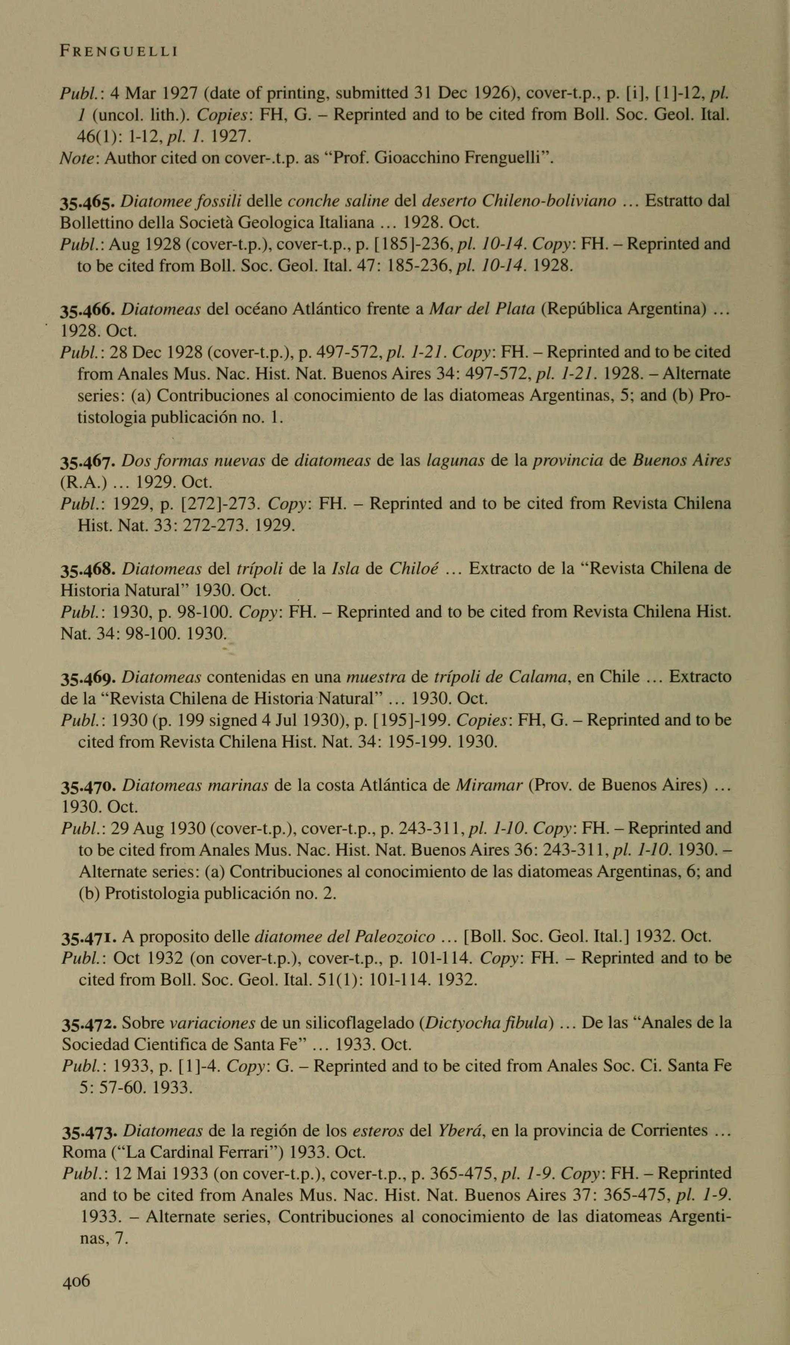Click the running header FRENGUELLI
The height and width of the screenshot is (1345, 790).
tap(119, 52)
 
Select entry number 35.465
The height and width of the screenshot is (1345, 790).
tap(89, 202)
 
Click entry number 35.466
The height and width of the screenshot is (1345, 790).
tap(89, 310)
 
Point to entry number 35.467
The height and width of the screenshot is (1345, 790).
tap(89, 461)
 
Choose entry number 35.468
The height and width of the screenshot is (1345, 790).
tap(89, 569)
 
